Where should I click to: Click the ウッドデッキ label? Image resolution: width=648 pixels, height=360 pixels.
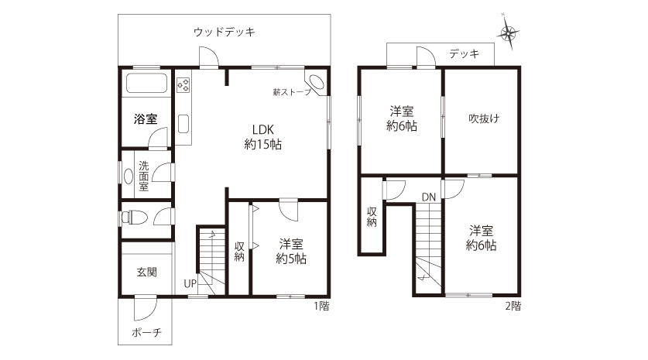225,32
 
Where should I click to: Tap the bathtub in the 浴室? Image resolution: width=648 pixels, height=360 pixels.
146,83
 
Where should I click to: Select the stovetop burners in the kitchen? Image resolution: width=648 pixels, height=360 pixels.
183,84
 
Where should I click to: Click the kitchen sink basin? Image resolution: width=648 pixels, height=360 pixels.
183,124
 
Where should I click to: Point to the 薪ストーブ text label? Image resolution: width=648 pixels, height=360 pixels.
291,92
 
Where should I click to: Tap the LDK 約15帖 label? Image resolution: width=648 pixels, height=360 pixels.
262,137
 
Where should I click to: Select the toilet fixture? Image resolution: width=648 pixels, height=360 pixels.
134,217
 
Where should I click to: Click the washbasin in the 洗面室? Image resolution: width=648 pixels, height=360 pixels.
128,176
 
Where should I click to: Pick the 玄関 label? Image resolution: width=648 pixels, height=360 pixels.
146,272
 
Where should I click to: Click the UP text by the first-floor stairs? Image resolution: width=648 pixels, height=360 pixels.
190,284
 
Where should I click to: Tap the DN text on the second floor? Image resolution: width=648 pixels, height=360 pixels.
429,197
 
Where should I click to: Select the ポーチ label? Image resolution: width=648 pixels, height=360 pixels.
146,332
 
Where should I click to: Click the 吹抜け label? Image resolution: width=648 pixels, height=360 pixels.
484,118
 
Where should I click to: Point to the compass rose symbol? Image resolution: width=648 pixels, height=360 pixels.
509,33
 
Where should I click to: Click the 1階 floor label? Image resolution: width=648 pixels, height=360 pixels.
321,307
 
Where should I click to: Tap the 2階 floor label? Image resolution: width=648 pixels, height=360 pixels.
513,307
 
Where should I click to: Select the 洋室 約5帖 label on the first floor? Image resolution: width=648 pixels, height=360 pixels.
291,252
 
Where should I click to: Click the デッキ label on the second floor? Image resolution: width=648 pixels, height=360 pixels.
464,53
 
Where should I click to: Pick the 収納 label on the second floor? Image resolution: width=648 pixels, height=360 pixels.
372,217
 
